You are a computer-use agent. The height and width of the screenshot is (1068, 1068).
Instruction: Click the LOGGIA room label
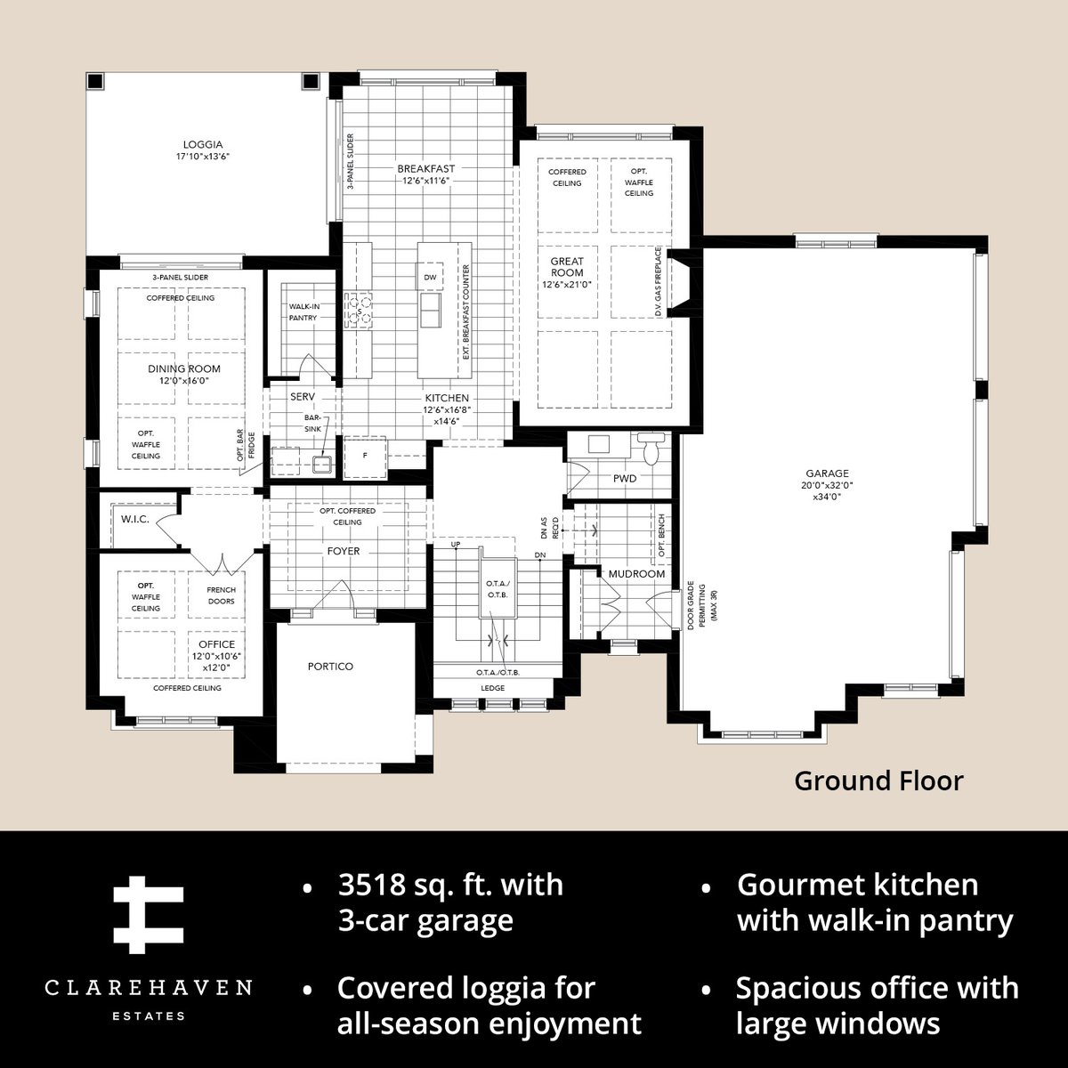(x=203, y=145)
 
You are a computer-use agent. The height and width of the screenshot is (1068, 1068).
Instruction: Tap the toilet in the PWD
(x=651, y=448)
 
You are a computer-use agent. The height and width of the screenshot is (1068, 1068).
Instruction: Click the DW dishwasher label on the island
(x=430, y=277)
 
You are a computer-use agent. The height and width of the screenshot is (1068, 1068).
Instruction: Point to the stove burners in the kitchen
(x=359, y=311)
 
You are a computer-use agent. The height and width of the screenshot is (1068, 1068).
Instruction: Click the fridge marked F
(x=365, y=457)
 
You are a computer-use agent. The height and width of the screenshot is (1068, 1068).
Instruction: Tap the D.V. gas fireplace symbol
(x=680, y=282)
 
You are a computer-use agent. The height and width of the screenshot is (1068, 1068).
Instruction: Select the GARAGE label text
(x=827, y=473)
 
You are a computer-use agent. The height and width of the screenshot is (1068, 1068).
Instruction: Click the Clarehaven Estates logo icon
(x=148, y=915)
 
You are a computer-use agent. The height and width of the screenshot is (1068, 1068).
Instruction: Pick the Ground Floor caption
(x=878, y=781)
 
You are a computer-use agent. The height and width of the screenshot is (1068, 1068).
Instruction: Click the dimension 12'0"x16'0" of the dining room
(x=184, y=381)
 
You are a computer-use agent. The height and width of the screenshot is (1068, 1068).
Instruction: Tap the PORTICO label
(x=330, y=667)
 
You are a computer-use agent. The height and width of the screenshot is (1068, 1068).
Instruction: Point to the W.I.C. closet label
(x=135, y=519)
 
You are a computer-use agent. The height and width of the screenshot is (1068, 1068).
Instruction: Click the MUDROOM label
(x=636, y=574)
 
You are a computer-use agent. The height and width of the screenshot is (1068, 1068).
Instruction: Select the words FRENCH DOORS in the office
(x=221, y=595)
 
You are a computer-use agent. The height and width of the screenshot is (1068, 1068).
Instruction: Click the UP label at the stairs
(x=456, y=545)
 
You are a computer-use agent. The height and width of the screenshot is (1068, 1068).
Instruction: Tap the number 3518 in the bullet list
(x=372, y=884)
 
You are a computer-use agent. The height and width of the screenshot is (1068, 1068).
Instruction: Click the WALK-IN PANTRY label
(x=303, y=312)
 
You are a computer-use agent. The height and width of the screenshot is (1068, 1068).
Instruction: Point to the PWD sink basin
(x=599, y=444)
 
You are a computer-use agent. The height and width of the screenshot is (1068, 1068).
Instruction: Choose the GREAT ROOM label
(x=567, y=267)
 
